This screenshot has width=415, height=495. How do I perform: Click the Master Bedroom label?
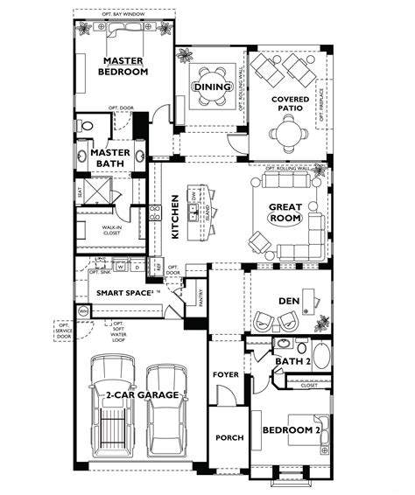pyautogui.click(x=123, y=66)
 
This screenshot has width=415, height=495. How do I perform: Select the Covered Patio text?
pyautogui.click(x=289, y=105)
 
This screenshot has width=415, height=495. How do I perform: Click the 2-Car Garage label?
pyautogui.click(x=144, y=396)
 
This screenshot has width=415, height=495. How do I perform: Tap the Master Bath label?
pyautogui.click(x=110, y=157)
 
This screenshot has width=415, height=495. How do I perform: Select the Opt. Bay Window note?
pyautogui.click(x=122, y=15)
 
